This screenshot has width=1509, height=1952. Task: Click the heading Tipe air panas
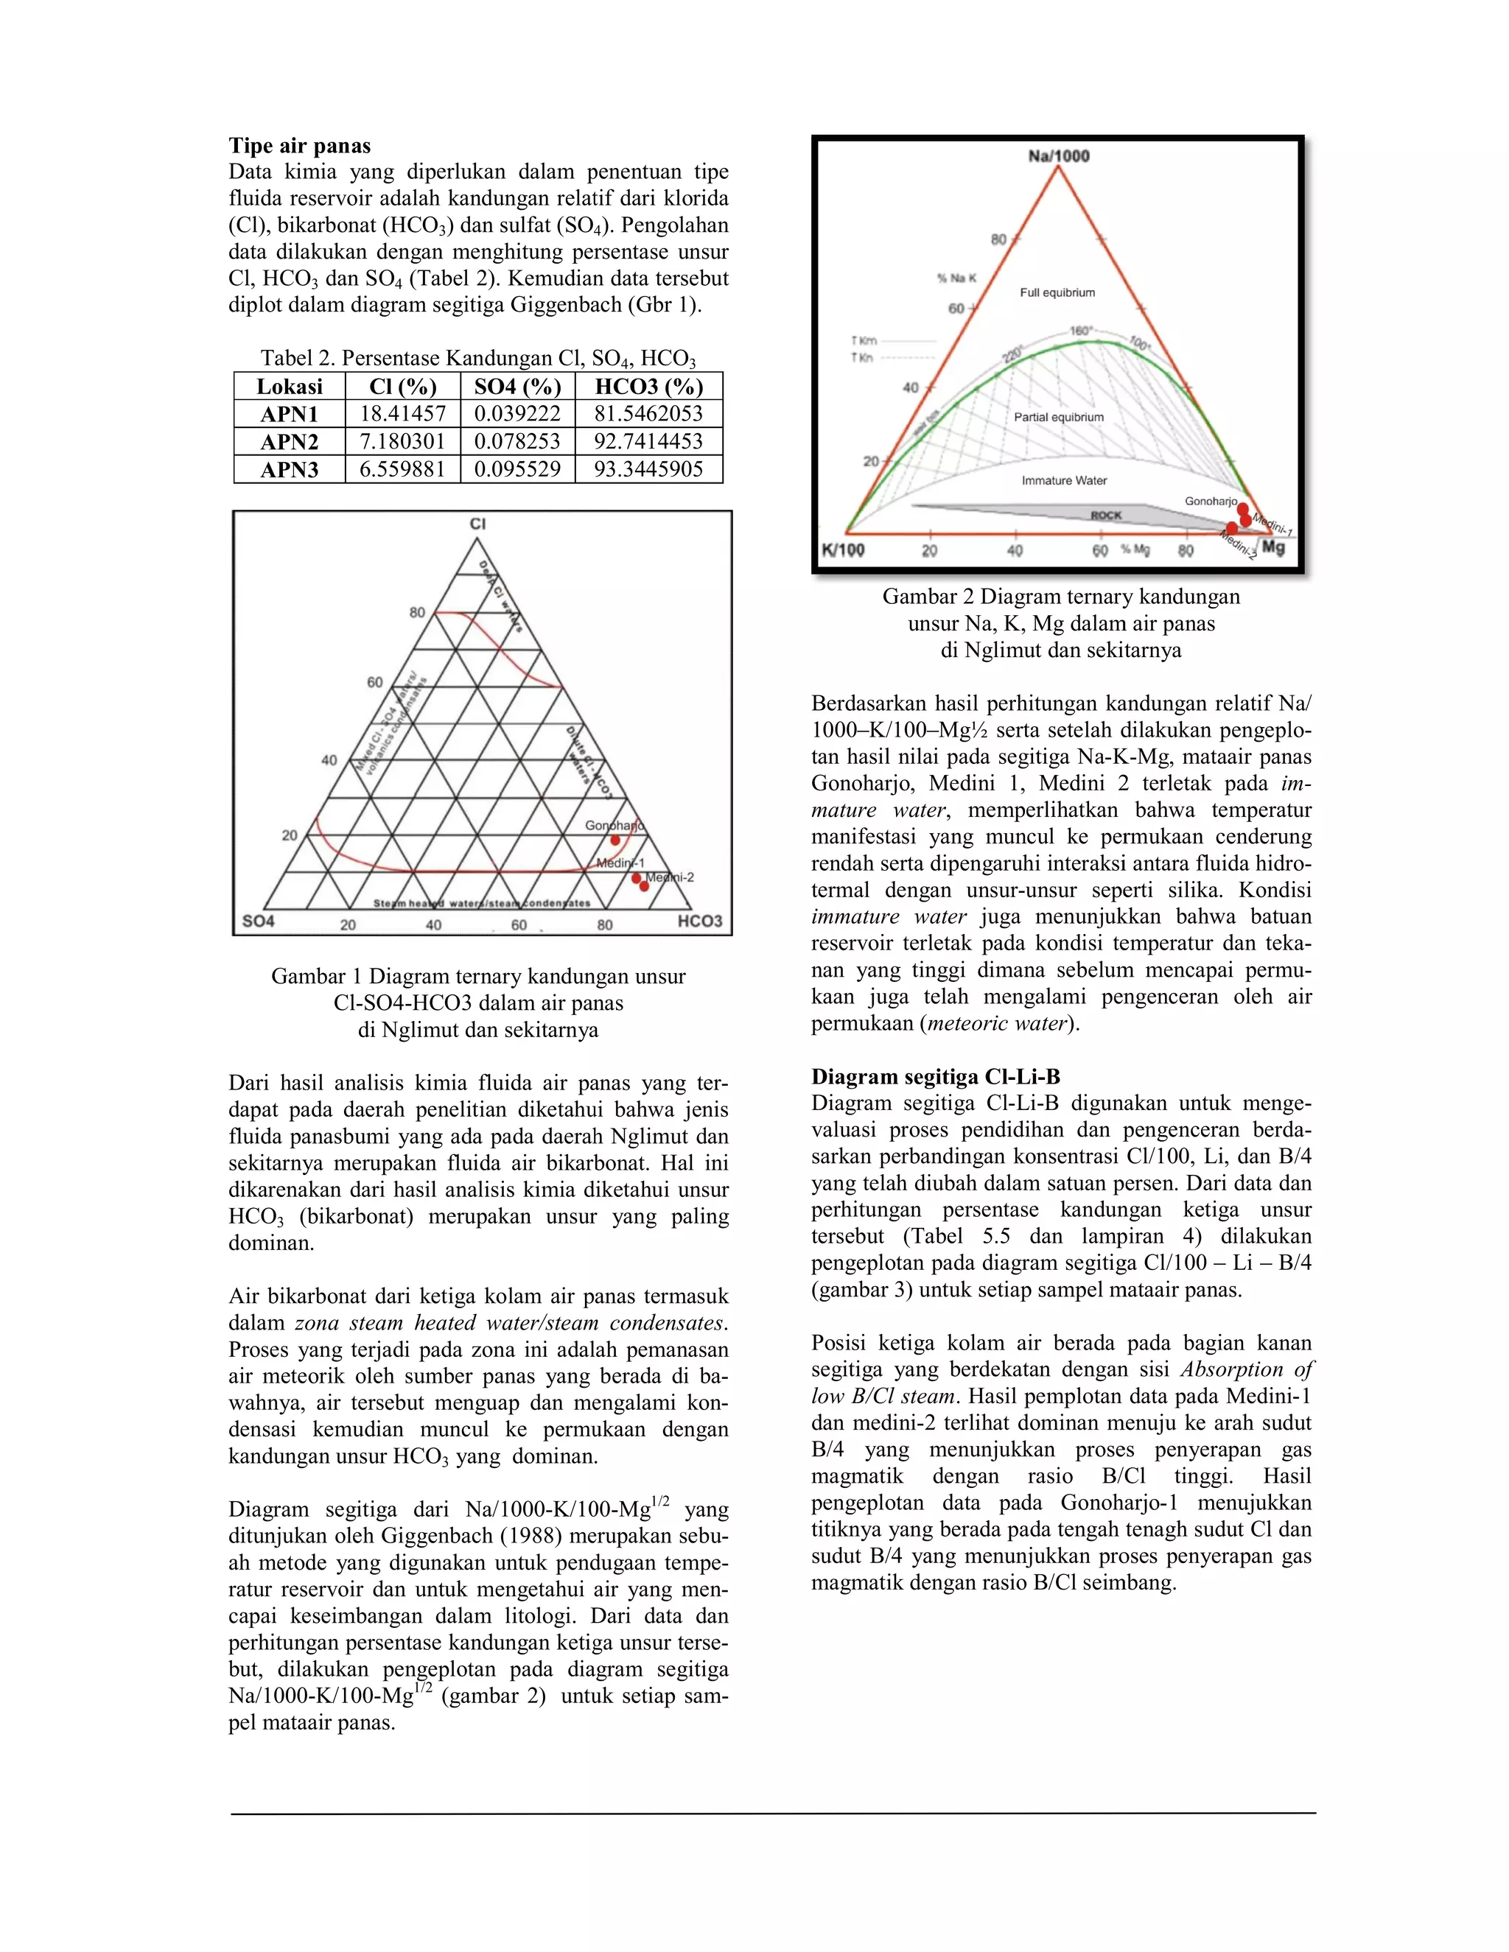point(298,146)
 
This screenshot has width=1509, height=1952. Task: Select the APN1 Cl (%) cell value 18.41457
point(402,414)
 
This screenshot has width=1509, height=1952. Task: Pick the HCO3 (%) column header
point(648,386)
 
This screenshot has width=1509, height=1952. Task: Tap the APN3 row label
point(289,469)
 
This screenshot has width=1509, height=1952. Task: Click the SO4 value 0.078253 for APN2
point(517,441)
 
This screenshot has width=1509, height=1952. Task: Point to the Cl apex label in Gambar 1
point(477,524)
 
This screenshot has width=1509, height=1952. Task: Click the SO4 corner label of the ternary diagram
point(259,921)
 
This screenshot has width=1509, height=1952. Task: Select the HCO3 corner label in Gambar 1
point(699,921)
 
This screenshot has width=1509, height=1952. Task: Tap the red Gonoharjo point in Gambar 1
point(615,840)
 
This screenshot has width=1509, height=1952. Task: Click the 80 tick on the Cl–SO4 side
point(418,613)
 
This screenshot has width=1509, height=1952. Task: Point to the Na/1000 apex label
point(1059,156)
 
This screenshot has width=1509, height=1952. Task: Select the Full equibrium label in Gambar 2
point(1057,292)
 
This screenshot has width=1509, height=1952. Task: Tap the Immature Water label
point(1064,481)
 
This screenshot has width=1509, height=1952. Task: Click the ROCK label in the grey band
point(1105,516)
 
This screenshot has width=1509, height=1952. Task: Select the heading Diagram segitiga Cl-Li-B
point(935,1077)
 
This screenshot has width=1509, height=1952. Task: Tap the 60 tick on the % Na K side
point(956,309)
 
